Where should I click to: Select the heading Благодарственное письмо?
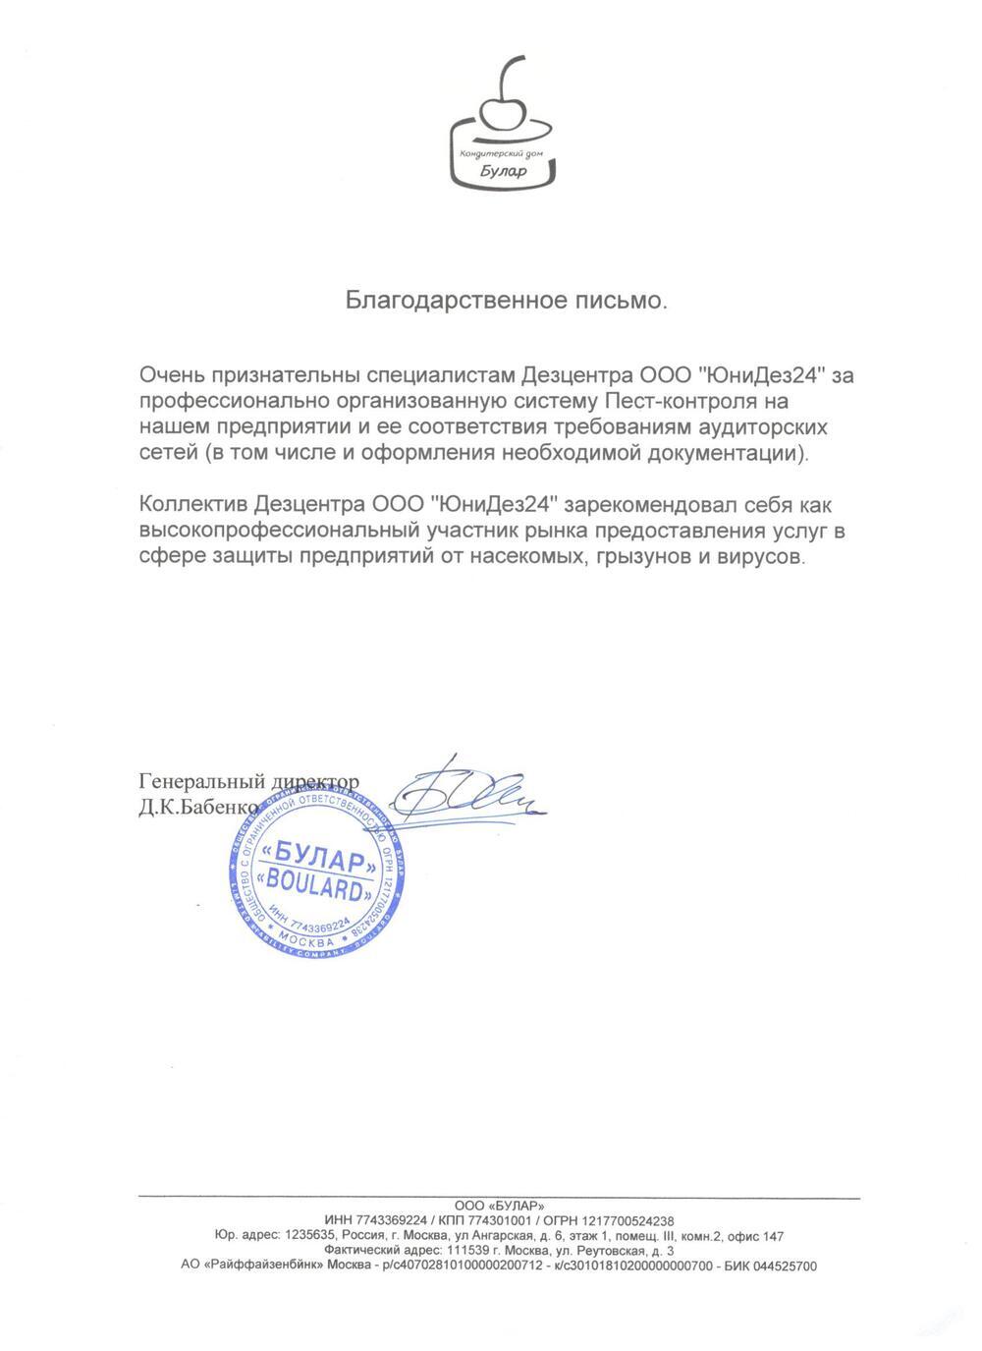(x=506, y=300)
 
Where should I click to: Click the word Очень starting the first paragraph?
(x=173, y=375)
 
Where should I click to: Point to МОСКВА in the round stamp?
(x=313, y=940)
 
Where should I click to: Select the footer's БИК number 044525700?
(x=782, y=1267)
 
